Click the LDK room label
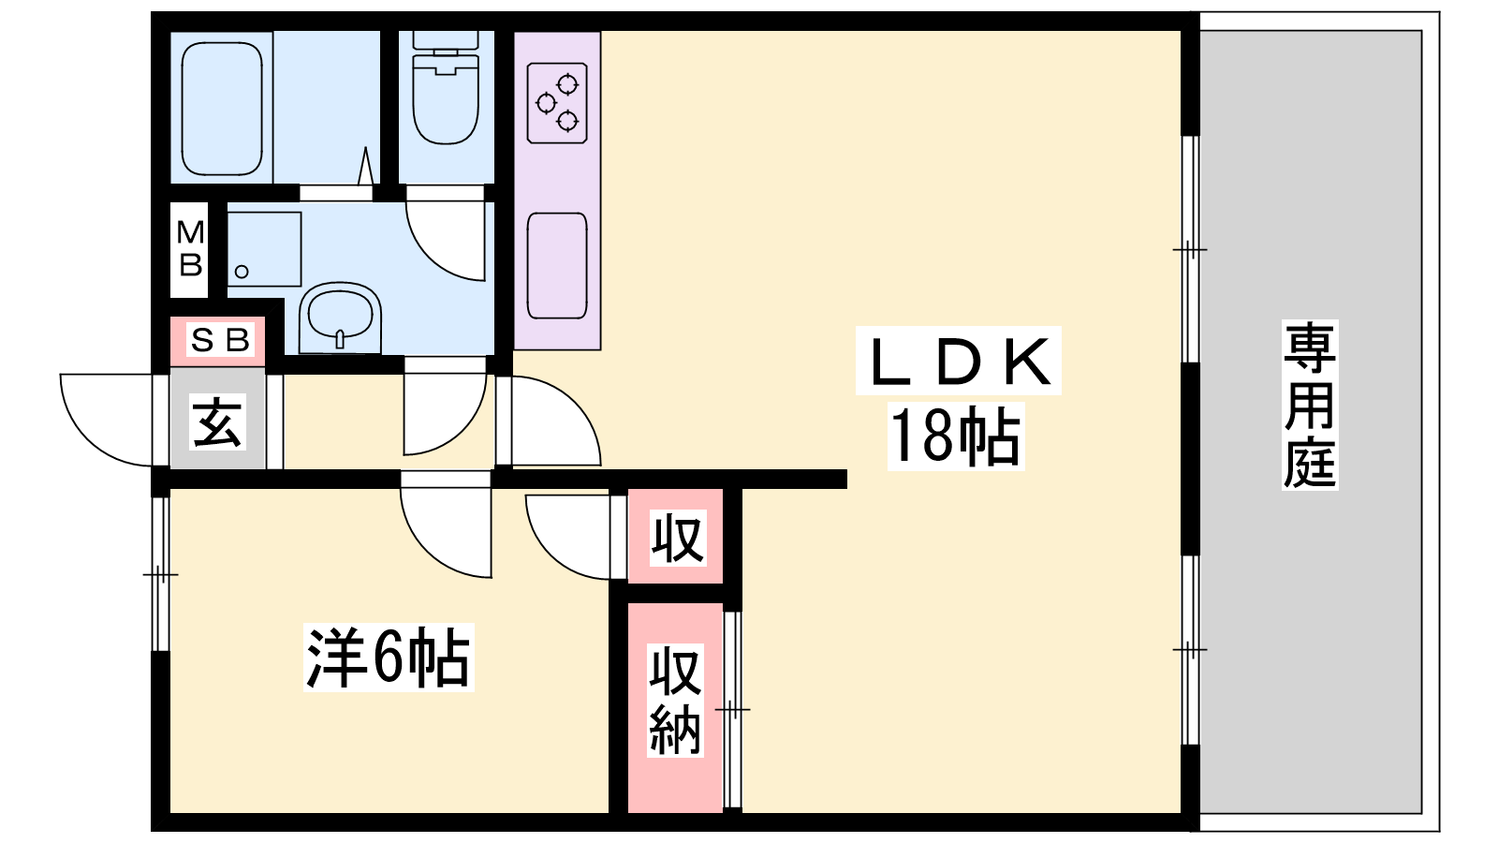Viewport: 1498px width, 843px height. pyautogui.click(x=958, y=362)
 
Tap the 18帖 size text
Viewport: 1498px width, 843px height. pyautogui.click(x=956, y=436)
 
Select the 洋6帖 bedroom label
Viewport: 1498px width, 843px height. pyautogui.click(x=388, y=658)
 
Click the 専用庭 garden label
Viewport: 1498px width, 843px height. pyautogui.click(x=1309, y=405)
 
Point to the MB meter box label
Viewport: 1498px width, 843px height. pyautogui.click(x=190, y=249)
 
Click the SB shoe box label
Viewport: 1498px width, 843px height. pyautogui.click(x=219, y=340)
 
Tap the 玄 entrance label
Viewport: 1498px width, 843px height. pyautogui.click(x=218, y=421)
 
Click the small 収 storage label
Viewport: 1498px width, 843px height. pyautogui.click(x=676, y=538)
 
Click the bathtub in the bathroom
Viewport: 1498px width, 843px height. pyautogui.click(x=221, y=107)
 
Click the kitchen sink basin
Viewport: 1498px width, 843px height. pyautogui.click(x=557, y=265)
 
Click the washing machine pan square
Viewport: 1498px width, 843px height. pyautogui.click(x=265, y=248)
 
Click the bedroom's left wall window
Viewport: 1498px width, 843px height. pyautogui.click(x=160, y=573)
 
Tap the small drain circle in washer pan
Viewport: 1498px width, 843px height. pyautogui.click(x=242, y=272)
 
